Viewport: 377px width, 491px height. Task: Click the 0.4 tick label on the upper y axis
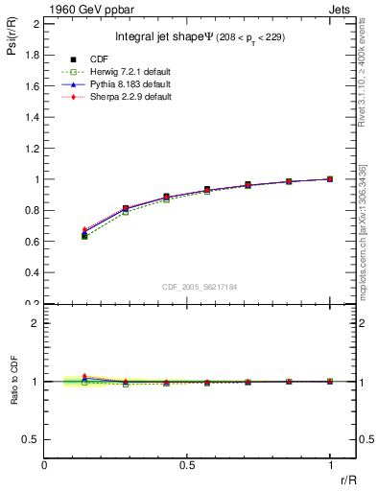pos(31,272)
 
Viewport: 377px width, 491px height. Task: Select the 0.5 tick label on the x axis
pos(187,465)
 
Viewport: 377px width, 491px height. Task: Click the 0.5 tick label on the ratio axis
pos(31,439)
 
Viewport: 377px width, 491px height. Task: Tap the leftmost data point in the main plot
pos(84,234)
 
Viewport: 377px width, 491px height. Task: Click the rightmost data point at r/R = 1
pos(330,178)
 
